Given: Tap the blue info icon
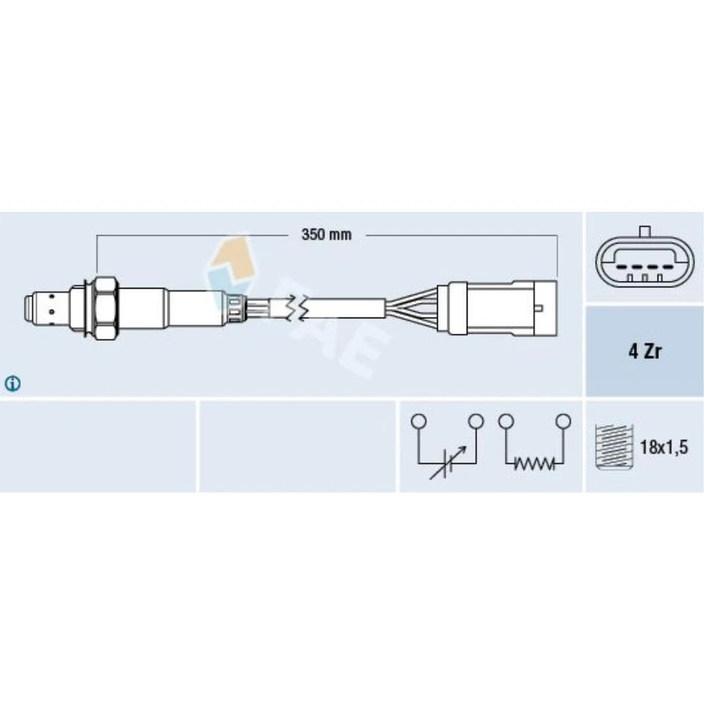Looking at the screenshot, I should [13, 383].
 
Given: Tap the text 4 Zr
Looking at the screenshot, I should [643, 351].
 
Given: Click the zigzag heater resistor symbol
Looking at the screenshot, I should [534, 463].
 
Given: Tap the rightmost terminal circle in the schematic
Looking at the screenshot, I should [562, 421].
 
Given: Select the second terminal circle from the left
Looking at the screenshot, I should [476, 421].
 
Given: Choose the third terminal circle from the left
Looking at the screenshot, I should [505, 421].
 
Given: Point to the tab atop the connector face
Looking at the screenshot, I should [645, 232].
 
